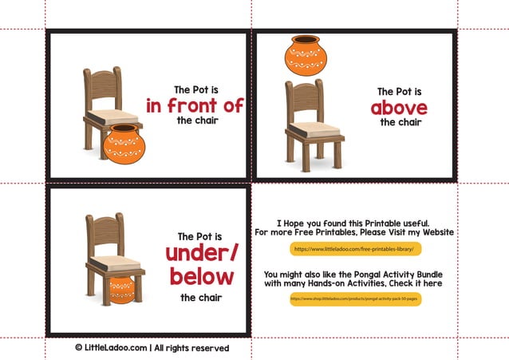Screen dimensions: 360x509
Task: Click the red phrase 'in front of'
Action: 195,106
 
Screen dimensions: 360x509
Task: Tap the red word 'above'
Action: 399,108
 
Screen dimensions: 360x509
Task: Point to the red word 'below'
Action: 200,277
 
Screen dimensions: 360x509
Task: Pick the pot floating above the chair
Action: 306,56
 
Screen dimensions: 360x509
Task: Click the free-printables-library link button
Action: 355,249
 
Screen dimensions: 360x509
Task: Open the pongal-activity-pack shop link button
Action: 355,299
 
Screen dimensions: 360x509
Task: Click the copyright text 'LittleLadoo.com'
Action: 111,348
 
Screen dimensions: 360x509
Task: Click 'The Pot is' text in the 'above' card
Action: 400,92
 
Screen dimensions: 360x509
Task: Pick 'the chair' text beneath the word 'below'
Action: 200,298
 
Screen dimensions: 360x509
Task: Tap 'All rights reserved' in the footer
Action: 191,348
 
